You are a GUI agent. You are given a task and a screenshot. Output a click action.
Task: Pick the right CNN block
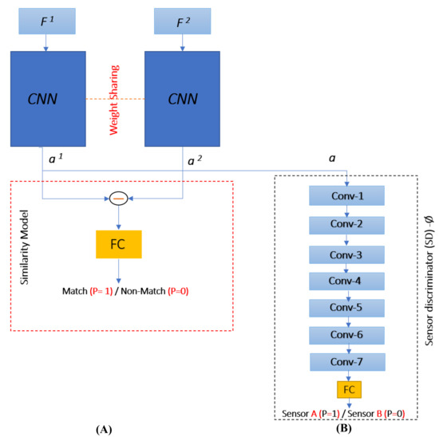182,100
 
